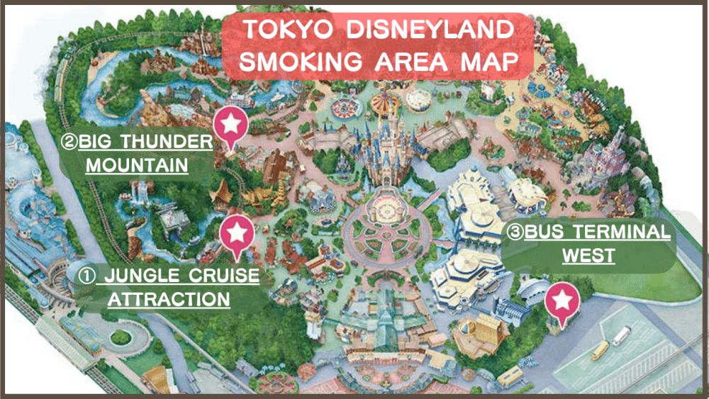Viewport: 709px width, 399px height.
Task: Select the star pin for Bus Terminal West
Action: [x=562, y=300]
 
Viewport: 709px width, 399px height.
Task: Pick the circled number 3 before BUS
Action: [x=514, y=232]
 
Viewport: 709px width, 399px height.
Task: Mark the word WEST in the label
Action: [x=588, y=255]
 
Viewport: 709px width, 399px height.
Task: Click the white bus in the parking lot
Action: [x=621, y=336]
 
